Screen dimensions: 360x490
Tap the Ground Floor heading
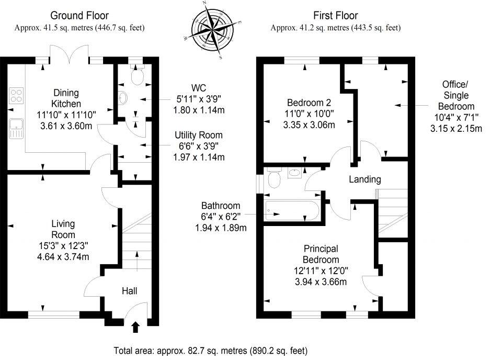click(79, 16)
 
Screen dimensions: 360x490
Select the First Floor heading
click(335, 16)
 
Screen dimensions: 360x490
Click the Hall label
click(130, 290)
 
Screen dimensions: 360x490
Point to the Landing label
click(365, 179)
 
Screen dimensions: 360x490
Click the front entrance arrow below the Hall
click(135, 328)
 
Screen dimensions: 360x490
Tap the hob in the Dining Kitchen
click(16, 96)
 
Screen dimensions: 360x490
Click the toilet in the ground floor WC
click(137, 76)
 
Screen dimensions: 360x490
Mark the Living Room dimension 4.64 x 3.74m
click(63, 256)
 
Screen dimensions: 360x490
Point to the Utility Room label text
click(199, 136)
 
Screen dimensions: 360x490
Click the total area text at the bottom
click(211, 350)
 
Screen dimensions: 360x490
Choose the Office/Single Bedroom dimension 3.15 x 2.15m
click(455, 128)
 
